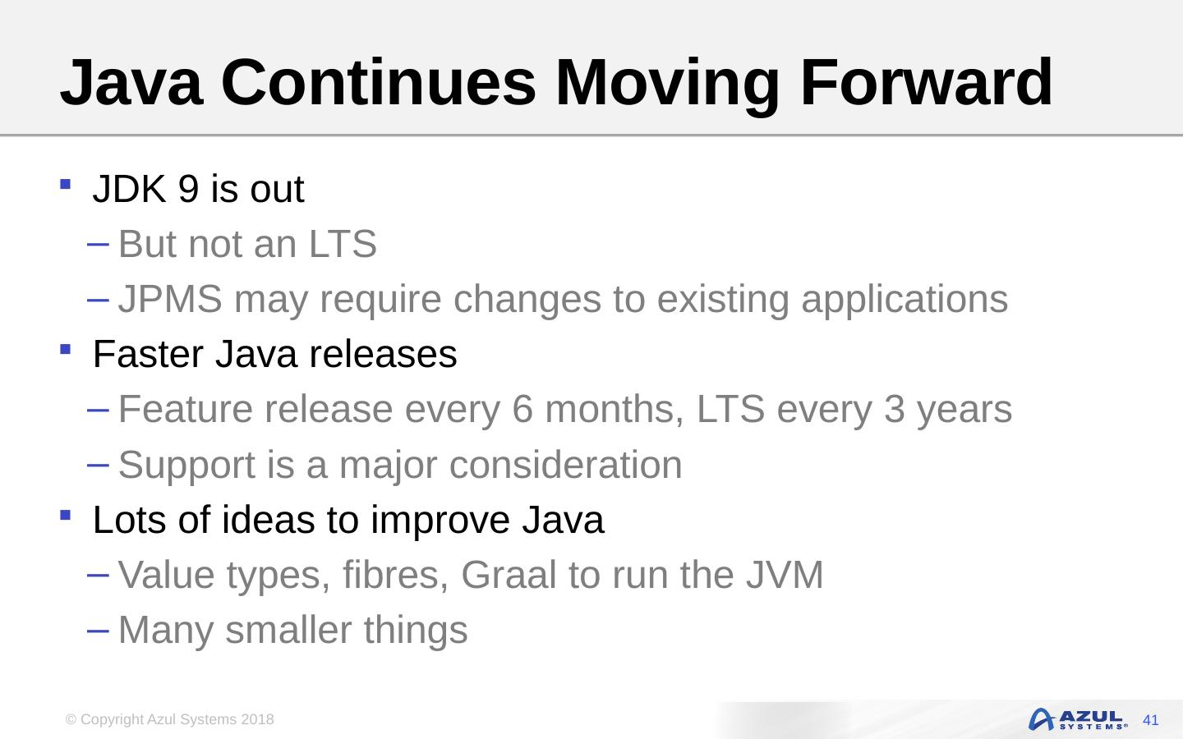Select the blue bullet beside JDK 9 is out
click(66, 184)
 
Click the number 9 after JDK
click(188, 189)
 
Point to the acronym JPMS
click(170, 299)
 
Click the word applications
click(905, 300)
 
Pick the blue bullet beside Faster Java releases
click(66, 350)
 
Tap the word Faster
click(148, 354)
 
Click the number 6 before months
click(522, 409)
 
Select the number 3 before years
click(895, 409)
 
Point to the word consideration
click(565, 465)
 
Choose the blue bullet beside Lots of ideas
click(66, 515)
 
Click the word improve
click(440, 521)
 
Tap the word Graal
click(509, 574)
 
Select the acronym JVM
click(785, 574)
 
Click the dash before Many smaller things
click(98, 631)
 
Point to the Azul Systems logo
click(1078, 719)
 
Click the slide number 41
click(1150, 720)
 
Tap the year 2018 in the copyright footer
click(257, 719)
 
